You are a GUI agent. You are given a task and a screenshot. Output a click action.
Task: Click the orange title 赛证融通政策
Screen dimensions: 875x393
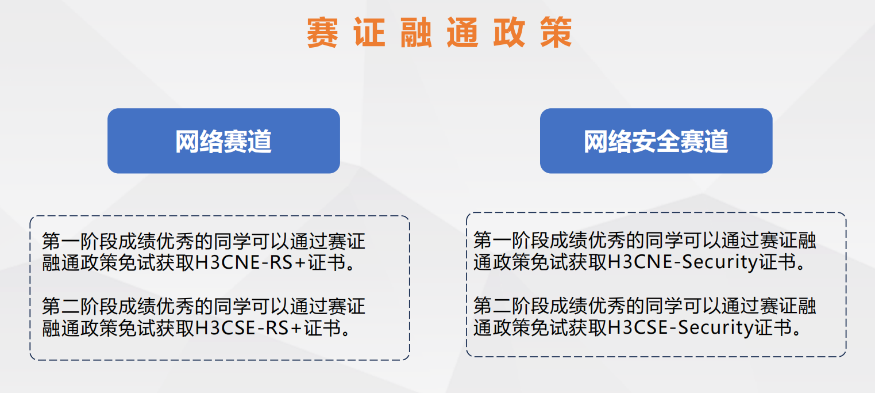click(440, 32)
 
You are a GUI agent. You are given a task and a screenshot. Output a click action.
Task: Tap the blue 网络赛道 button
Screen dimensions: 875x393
click(223, 141)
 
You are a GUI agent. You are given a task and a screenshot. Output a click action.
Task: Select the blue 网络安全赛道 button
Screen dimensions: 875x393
click(656, 141)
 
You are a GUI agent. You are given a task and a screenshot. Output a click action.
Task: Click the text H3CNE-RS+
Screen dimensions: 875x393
click(250, 262)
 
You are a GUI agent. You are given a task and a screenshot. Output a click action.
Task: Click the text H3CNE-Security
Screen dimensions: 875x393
click(683, 262)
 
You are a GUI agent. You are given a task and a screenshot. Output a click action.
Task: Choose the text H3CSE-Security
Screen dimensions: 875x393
click(681, 328)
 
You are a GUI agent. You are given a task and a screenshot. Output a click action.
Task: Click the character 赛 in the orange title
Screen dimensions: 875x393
click(322, 32)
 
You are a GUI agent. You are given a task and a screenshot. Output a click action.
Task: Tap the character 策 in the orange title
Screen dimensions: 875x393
click(557, 32)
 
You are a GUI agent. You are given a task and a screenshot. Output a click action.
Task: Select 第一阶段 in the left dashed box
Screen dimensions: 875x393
click(80, 241)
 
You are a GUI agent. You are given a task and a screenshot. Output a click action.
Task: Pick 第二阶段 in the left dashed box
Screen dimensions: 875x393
click(80, 306)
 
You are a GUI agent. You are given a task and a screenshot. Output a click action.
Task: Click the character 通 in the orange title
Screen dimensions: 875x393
click(463, 32)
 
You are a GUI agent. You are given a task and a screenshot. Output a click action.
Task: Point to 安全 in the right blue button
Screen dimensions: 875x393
click(656, 141)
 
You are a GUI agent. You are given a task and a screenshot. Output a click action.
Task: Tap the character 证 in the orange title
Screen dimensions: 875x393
click(369, 32)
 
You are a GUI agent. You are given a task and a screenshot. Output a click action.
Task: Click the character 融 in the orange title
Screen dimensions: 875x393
click(416, 32)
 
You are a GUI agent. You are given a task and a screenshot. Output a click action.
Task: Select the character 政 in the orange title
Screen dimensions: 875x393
click(510, 32)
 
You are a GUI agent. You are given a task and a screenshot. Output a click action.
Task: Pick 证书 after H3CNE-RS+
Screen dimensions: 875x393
click(326, 262)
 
